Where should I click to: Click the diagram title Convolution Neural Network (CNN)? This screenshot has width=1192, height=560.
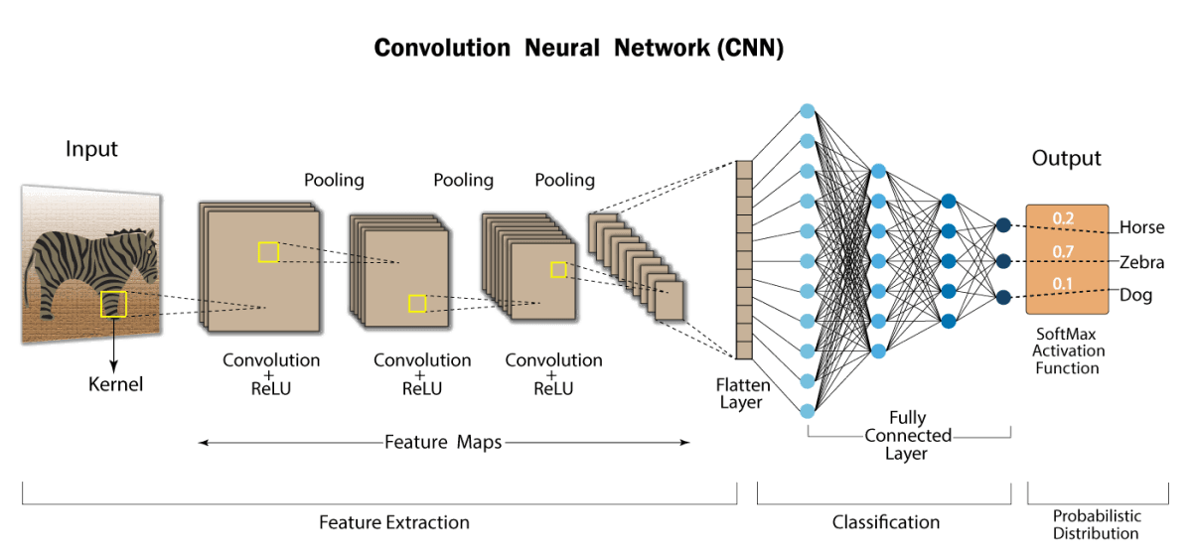(x=578, y=49)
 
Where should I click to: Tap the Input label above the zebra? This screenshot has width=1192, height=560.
(x=91, y=149)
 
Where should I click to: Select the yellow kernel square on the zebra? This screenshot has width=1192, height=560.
(x=113, y=304)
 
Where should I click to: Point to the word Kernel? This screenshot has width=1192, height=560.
(x=115, y=384)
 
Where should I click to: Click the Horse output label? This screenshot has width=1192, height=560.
(x=1141, y=227)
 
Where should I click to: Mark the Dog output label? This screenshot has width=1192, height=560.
(x=1135, y=295)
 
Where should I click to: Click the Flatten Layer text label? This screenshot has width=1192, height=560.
(x=741, y=392)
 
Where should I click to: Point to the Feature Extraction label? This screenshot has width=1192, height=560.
(x=393, y=522)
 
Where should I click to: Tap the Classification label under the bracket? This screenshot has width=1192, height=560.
(x=885, y=522)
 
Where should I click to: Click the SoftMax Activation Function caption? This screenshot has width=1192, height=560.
(x=1068, y=351)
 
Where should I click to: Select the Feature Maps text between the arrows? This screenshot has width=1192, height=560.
(x=443, y=442)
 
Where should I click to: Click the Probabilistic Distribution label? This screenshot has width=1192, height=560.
(x=1097, y=524)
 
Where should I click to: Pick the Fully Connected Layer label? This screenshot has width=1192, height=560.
(x=907, y=436)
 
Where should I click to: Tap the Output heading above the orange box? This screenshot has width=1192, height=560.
(x=1066, y=158)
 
